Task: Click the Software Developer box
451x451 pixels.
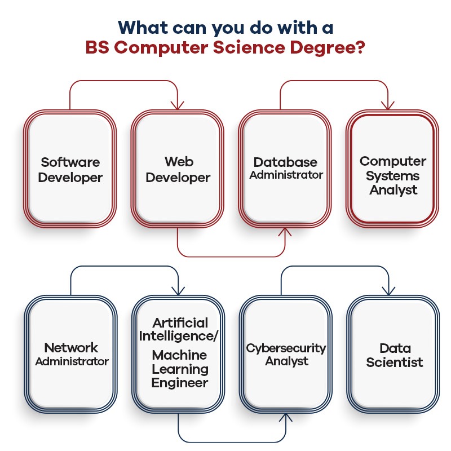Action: point(70,169)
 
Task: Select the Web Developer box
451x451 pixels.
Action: point(178,169)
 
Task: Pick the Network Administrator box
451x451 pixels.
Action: point(71,354)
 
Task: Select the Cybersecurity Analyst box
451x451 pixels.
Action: point(286,354)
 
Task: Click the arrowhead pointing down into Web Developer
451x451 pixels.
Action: point(179,105)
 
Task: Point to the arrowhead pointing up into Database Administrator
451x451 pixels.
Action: point(285,231)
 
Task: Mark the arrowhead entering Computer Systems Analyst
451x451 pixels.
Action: point(387,105)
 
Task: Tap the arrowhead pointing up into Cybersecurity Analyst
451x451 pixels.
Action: point(286,418)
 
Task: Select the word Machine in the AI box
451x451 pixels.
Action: point(179,356)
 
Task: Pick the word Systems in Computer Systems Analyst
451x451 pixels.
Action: point(392,175)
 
